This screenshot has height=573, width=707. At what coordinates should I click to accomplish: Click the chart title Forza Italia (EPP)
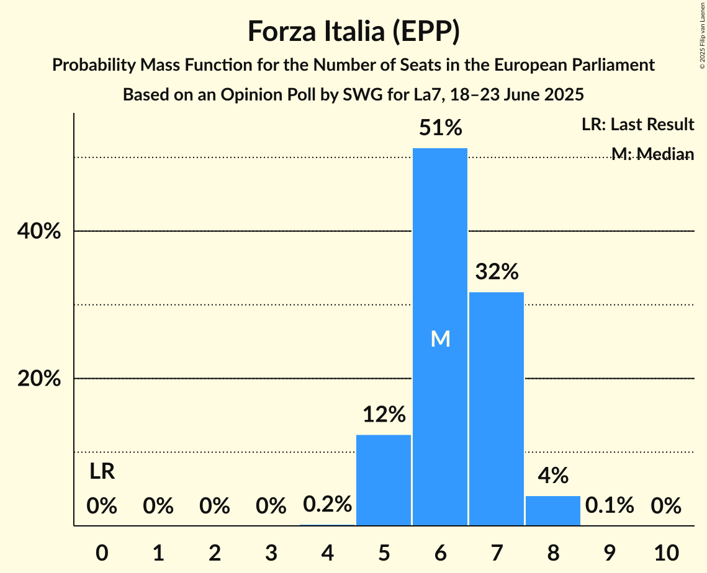coord(353,31)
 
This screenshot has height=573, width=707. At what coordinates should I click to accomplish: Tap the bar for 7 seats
coord(497,409)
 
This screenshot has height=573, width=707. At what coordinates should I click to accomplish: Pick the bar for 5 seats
coord(384,481)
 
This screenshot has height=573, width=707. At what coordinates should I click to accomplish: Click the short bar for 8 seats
coord(553,510)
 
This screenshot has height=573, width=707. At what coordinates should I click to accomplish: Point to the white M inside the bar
coord(440,339)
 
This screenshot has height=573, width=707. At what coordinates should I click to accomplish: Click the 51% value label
coord(440,128)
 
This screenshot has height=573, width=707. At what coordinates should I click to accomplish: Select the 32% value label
coord(497,272)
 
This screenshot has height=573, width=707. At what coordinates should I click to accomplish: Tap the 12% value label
coord(384,415)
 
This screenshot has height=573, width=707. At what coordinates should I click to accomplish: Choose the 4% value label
coord(553,476)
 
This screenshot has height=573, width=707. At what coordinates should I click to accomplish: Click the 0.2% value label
coord(327,505)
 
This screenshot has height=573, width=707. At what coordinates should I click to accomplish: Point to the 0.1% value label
coord(610,505)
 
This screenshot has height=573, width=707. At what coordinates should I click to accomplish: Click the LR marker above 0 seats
coord(102,472)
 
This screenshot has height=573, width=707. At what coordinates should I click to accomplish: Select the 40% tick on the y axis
coord(38,231)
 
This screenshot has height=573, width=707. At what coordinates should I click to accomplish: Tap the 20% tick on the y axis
coord(38,379)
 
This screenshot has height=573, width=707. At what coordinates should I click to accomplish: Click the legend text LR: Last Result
coord(637,125)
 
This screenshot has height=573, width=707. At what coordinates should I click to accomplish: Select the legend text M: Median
coord(652,154)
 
